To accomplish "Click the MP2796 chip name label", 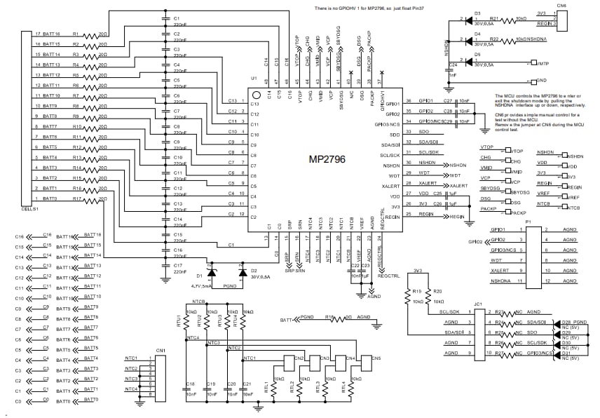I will (327, 159).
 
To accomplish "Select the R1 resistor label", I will (76, 34).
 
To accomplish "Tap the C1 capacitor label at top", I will (177, 18).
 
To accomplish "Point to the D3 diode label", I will (477, 13).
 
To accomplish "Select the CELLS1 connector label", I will (30, 209).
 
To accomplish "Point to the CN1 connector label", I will (161, 350).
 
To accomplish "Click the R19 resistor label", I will (416, 291).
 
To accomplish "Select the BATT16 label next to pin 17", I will (52, 34).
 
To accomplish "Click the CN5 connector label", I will (376, 358).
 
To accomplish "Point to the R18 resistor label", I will (329, 317).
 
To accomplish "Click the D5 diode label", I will (477, 54).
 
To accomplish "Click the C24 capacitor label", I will (454, 66).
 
